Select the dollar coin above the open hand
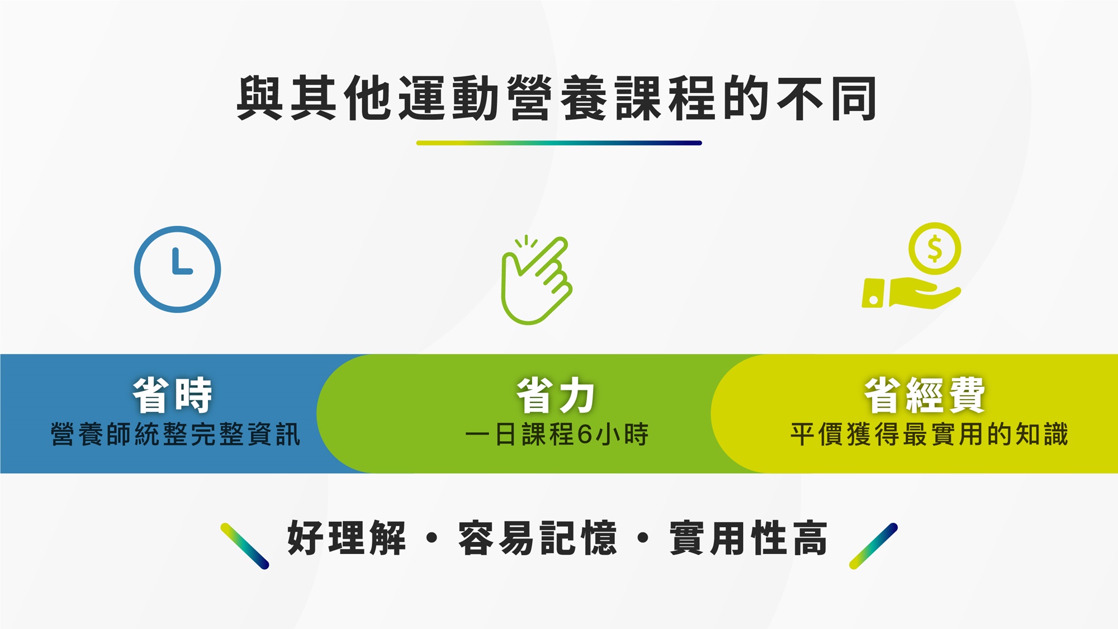tap(934, 248)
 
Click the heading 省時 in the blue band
tap(173, 395)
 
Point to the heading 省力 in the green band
tap(556, 395)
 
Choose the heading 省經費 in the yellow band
tap(925, 395)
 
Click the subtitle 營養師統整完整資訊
tap(176, 434)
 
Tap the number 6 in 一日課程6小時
tap(585, 434)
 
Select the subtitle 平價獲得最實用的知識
tap(929, 434)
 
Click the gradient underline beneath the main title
tap(559, 143)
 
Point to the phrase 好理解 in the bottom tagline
tap(347, 538)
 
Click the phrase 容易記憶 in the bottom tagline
tap(538, 538)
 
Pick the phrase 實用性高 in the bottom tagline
tap(749, 538)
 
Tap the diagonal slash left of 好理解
tap(245, 546)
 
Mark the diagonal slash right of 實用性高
tap(873, 546)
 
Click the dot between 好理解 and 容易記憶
tap(432, 538)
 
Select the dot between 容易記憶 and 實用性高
tap(643, 538)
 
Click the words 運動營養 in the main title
tap(503, 98)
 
